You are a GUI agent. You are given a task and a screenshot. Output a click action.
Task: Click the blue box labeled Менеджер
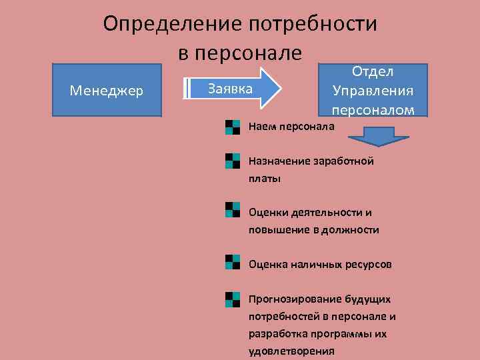point(107,90)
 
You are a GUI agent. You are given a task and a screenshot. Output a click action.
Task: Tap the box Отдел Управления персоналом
point(373,89)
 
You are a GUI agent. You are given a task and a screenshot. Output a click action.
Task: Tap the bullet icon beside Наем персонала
point(232,127)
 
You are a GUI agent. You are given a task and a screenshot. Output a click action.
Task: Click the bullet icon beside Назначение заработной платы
point(232,161)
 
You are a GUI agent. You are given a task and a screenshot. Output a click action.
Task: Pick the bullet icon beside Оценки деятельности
point(232,210)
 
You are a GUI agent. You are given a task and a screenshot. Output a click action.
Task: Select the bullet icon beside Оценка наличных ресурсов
point(232,261)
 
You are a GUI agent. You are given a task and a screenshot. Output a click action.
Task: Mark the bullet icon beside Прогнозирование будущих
point(232,299)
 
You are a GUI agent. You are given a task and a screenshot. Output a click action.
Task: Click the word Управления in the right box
point(373,90)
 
